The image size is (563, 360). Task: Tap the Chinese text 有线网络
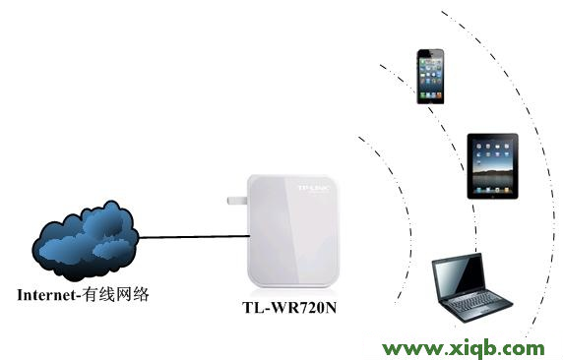click(118, 293)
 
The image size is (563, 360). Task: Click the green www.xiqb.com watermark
click(463, 347)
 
